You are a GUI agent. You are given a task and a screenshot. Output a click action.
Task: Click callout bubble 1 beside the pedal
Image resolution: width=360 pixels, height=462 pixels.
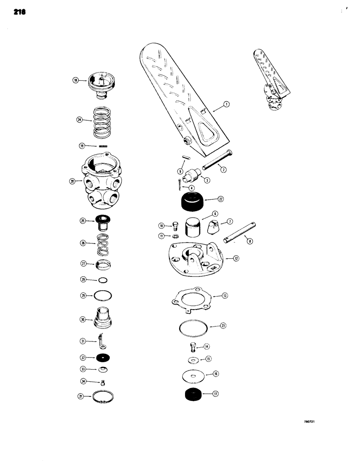tap(227, 105)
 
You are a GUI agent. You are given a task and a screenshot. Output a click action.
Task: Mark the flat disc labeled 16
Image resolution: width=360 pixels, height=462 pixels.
tap(193, 375)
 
